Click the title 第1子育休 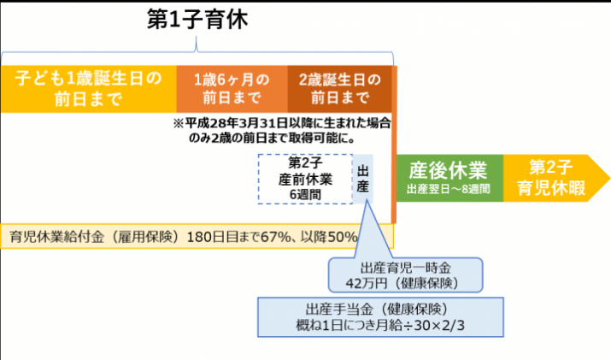(197, 20)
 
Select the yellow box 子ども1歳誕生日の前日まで (89, 89)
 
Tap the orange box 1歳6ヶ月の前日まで (232, 89)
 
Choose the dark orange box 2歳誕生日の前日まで (339, 89)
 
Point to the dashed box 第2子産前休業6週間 (305, 179)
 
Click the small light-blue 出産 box (363, 179)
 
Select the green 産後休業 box (449, 178)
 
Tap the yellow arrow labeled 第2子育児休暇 (556, 178)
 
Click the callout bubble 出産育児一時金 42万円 (405, 275)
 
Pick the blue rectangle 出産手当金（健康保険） (380, 317)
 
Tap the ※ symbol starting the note (179, 124)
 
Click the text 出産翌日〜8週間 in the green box (449, 190)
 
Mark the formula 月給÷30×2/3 (414, 326)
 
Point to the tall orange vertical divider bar (394, 145)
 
